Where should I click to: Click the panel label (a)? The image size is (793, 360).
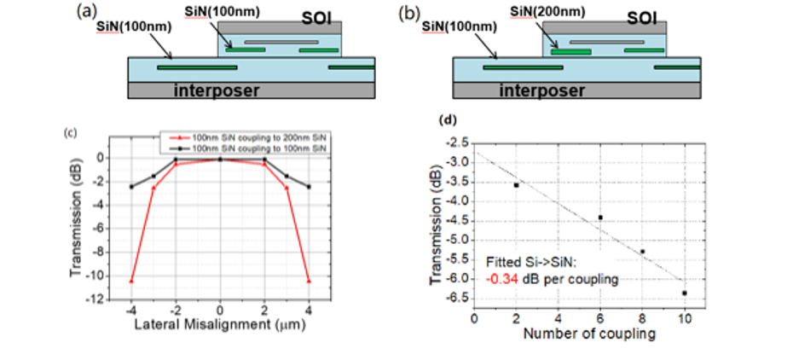87,12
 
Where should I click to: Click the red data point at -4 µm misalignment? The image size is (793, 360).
131,281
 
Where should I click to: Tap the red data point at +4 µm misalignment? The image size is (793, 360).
308,281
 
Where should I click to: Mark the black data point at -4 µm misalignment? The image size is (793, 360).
131,187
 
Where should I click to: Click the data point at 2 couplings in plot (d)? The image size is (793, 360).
516,184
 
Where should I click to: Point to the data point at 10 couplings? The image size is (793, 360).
684,293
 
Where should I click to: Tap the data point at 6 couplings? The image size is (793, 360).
600,218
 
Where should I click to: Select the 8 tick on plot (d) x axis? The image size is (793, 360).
642,315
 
